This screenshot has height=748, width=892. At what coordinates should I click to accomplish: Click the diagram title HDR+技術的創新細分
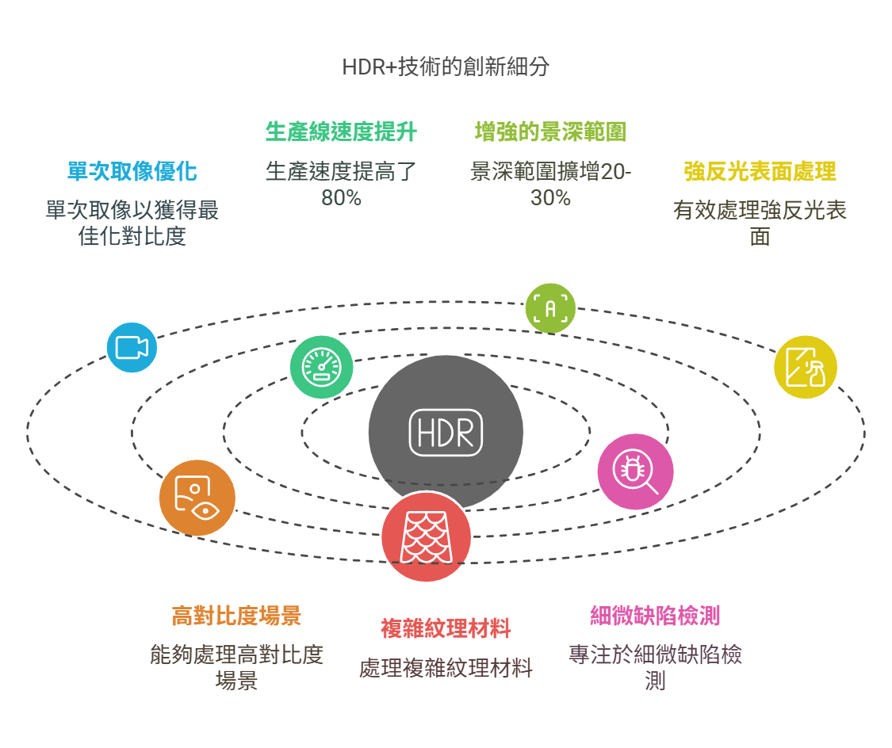446,67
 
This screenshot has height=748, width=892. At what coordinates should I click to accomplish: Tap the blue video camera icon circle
132,347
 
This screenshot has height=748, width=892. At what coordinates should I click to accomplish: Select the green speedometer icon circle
321,367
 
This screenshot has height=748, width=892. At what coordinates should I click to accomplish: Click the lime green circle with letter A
550,308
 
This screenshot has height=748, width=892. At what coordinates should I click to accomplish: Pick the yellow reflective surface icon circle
806,367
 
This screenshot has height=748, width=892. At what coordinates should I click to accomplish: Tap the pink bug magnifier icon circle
635,471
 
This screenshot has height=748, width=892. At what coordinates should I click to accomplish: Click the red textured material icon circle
426,536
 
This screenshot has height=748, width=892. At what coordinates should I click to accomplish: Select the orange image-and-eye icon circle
197,498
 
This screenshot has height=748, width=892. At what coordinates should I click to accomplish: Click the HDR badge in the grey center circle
446,433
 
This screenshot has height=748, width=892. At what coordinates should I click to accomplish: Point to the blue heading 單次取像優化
132,171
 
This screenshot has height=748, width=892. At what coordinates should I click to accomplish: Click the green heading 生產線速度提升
341,132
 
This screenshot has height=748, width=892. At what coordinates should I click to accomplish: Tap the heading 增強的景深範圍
551,132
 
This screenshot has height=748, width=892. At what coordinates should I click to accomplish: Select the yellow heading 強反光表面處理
760,171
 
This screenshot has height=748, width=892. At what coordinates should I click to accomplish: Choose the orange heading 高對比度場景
236,616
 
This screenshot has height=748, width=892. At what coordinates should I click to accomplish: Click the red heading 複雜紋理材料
446,628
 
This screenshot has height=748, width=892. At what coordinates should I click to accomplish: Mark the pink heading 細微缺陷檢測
656,616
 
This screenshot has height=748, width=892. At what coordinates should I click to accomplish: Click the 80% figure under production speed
341,198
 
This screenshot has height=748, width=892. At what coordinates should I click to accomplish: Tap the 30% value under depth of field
551,198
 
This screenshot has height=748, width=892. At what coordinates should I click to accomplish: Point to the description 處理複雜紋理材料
446,668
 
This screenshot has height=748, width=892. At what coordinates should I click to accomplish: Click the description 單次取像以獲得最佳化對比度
132,223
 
